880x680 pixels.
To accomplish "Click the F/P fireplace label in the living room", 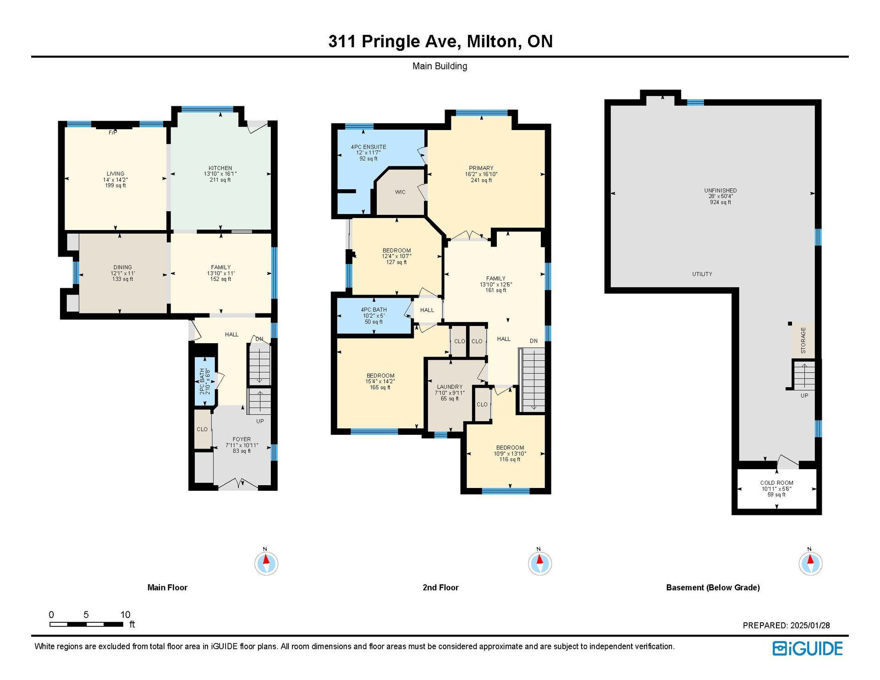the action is pyautogui.click(x=113, y=133).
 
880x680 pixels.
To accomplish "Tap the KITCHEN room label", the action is pyautogui.click(x=220, y=168).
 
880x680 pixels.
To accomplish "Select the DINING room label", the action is pyautogui.click(x=123, y=267).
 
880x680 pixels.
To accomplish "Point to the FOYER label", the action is pyautogui.click(x=242, y=439).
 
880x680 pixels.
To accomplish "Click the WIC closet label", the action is pyautogui.click(x=400, y=192).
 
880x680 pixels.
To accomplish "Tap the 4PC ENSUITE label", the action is pyautogui.click(x=368, y=147).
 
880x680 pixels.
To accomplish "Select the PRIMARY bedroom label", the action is pyautogui.click(x=481, y=168).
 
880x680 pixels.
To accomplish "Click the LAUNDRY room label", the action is pyautogui.click(x=450, y=387).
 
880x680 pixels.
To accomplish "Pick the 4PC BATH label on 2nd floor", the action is pyautogui.click(x=374, y=310).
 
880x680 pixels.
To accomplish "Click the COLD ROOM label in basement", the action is pyautogui.click(x=777, y=483).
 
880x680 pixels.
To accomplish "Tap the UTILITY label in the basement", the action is pyautogui.click(x=702, y=274).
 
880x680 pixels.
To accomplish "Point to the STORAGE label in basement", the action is pyautogui.click(x=803, y=340).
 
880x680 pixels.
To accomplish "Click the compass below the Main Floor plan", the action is pyautogui.click(x=266, y=563).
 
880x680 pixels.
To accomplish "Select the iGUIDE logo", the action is pyautogui.click(x=808, y=648).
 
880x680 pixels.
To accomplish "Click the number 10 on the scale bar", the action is pyautogui.click(x=125, y=614).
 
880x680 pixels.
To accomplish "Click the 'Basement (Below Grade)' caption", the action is pyautogui.click(x=713, y=587).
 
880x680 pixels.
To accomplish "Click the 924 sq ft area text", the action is pyautogui.click(x=720, y=202).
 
